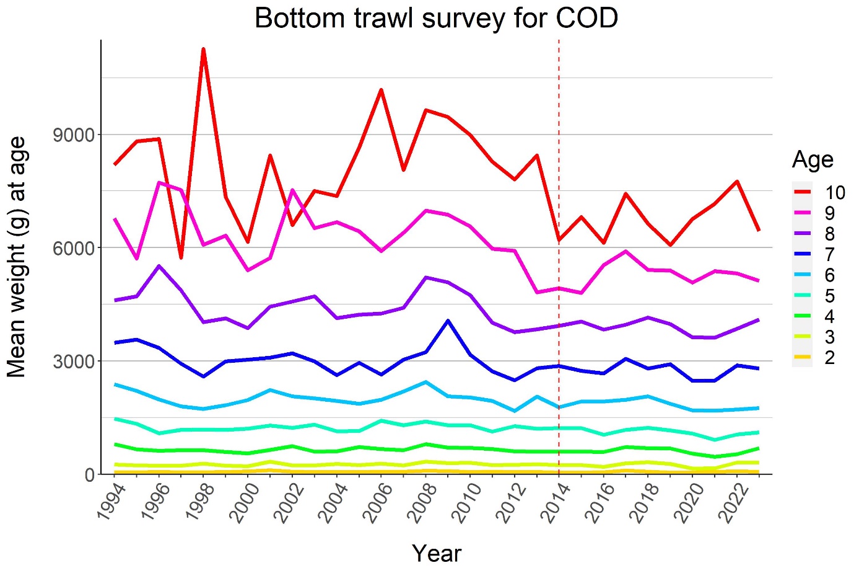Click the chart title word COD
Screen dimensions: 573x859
(586, 18)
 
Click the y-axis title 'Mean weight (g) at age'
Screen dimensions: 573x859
(17, 257)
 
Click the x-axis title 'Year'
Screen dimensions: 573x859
(436, 553)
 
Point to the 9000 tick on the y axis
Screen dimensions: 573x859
(74, 135)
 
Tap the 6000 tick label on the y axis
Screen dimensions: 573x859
(74, 247)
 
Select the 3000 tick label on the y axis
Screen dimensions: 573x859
(74, 361)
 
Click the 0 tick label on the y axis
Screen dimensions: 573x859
(90, 474)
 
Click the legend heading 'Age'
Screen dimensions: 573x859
(812, 160)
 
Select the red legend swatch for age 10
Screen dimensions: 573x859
(802, 192)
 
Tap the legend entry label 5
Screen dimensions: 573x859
(829, 295)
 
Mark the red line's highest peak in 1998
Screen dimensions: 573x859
(203, 49)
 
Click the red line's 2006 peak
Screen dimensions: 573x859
(381, 90)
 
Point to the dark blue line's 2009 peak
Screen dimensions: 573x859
(448, 321)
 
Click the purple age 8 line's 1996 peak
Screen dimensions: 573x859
(159, 266)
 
